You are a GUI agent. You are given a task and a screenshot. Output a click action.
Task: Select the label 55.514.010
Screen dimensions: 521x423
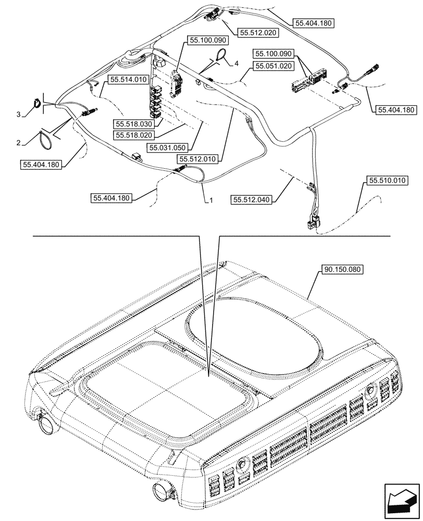(x=129, y=79)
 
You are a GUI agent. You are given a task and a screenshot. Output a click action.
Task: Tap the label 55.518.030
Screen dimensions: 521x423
(x=132, y=124)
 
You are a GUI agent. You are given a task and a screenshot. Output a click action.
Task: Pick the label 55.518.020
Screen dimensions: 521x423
(x=132, y=134)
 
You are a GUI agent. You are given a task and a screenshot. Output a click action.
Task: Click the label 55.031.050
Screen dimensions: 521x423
(x=167, y=148)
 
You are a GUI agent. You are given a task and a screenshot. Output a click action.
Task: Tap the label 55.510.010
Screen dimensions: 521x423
(x=388, y=181)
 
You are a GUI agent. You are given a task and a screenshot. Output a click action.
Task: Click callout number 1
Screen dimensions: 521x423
(x=211, y=200)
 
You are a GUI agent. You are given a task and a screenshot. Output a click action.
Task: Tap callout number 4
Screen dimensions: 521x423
(x=237, y=63)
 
